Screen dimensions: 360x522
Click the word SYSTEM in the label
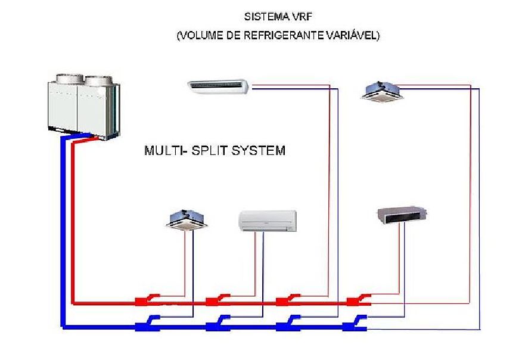258,150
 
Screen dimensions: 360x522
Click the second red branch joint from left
215,300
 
